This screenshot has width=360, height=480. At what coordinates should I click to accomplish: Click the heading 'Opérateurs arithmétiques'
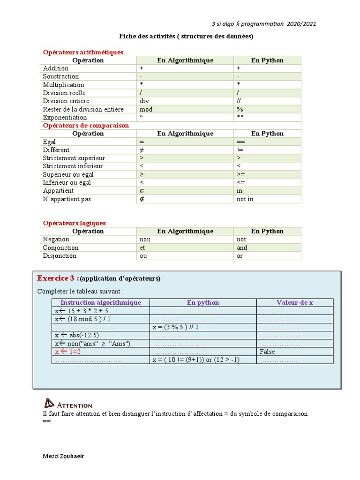click(83, 52)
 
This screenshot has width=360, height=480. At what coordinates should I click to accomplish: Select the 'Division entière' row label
click(66, 101)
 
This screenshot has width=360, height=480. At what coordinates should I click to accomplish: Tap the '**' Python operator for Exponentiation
click(240, 118)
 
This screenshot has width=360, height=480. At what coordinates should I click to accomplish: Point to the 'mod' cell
click(146, 109)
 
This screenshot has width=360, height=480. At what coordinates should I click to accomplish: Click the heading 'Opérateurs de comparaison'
click(86, 126)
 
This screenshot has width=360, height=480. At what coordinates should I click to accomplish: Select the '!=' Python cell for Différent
click(240, 150)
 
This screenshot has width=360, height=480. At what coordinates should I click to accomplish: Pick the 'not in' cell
click(245, 199)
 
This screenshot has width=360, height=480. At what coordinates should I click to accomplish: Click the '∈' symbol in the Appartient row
click(142, 191)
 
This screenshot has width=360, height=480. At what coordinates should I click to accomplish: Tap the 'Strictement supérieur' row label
click(74, 158)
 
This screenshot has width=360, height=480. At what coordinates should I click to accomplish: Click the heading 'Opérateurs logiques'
click(74, 223)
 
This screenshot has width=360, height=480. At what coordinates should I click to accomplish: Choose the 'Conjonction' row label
click(60, 248)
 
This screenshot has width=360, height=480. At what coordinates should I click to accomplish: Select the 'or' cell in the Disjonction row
click(240, 256)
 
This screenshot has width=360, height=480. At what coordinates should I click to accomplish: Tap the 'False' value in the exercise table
click(267, 352)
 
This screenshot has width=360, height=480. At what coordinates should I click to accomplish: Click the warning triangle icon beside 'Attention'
click(49, 403)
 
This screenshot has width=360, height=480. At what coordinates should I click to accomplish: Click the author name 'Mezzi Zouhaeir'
click(64, 457)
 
